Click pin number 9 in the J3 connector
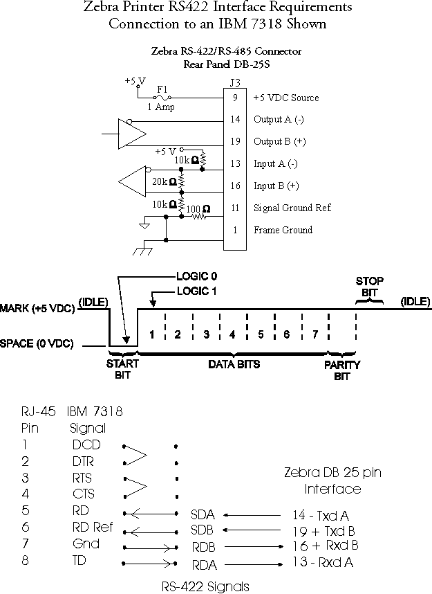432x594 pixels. (235, 98)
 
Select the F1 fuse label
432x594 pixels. (162, 89)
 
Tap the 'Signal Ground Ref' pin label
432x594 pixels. (292, 208)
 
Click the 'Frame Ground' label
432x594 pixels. (283, 230)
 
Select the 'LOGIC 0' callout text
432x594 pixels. (196, 276)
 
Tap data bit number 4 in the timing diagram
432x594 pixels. (232, 334)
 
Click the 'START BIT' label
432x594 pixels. (122, 370)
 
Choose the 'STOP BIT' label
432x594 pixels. (369, 287)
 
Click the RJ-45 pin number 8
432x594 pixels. (26, 561)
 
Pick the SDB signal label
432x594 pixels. (203, 530)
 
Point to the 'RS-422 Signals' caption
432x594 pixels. (205, 586)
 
